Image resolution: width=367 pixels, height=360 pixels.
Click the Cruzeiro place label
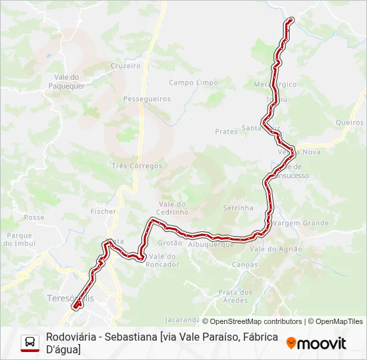[x=125, y=66]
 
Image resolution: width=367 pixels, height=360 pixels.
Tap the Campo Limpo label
[x=194, y=83]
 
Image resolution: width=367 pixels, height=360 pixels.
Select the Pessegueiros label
[x=147, y=99]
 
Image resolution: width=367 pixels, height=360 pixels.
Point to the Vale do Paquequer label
[x=65, y=81]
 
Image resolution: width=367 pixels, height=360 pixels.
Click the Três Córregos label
[x=137, y=165]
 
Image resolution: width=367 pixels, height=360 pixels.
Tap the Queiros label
[x=350, y=122]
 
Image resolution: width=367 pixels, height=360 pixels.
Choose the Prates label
[x=226, y=131]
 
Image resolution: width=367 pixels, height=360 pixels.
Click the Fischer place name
[x=103, y=211]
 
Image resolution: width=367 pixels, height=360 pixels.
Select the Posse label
[x=34, y=217]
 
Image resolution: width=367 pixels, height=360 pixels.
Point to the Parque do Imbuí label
[x=20, y=239]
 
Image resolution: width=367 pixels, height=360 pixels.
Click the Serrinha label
[x=238, y=208]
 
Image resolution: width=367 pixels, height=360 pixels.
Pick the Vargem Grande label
[x=301, y=223]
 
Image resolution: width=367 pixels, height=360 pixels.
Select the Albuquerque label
[x=212, y=245]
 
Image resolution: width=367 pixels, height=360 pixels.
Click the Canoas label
[x=244, y=265]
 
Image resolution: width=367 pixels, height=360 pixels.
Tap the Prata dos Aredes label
[x=236, y=296]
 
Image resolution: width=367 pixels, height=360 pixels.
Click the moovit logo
[x=316, y=343]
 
